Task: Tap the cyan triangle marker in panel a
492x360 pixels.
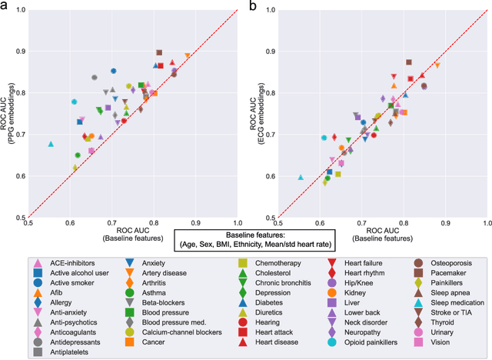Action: pyautogui.click(x=50, y=144)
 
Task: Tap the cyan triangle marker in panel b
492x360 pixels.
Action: pyautogui.click(x=301, y=177)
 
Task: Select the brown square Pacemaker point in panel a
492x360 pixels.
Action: pyautogui.click(x=159, y=52)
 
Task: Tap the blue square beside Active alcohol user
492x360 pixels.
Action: pyautogui.click(x=38, y=272)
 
